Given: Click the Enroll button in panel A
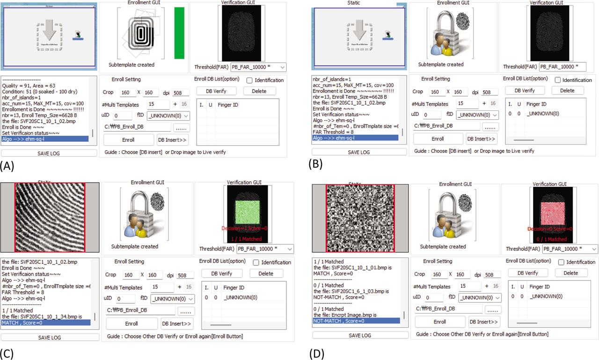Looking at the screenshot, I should coord(128,140).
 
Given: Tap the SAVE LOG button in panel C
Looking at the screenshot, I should coord(50,337).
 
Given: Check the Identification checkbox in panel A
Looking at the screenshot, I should coord(249,81).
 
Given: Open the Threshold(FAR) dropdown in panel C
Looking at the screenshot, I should coord(265,249).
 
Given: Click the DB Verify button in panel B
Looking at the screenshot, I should coord(525,90).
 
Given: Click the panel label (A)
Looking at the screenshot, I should coord(10,165).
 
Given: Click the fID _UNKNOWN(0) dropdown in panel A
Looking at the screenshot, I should coord(168,115).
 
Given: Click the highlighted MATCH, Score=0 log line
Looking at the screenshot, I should coord(46,323).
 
